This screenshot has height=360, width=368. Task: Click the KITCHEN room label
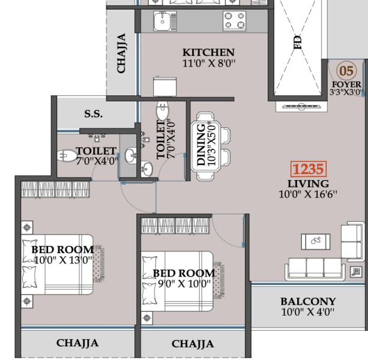(208, 52)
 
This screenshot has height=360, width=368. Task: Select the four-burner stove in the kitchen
(234, 20)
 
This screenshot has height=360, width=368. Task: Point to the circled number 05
(346, 70)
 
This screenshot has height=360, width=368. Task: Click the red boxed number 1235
(309, 169)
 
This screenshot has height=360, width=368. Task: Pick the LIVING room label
(308, 184)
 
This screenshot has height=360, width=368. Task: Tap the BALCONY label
(308, 301)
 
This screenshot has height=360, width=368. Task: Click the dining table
(205, 146)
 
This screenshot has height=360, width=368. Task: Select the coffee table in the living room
(316, 242)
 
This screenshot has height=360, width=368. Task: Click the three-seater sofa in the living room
(315, 269)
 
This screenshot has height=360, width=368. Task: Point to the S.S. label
(94, 114)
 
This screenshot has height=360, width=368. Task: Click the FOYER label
(346, 85)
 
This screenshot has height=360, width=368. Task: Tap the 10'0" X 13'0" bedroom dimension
(63, 260)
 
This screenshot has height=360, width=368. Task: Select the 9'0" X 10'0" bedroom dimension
(184, 284)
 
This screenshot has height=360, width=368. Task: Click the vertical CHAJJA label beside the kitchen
(121, 53)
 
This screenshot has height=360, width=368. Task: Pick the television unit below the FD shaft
(301, 107)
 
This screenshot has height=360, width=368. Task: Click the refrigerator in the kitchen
(164, 86)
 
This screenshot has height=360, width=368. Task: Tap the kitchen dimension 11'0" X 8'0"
(209, 63)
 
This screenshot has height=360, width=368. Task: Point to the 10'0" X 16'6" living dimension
(308, 194)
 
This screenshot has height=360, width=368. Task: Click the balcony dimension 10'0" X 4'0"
(308, 312)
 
